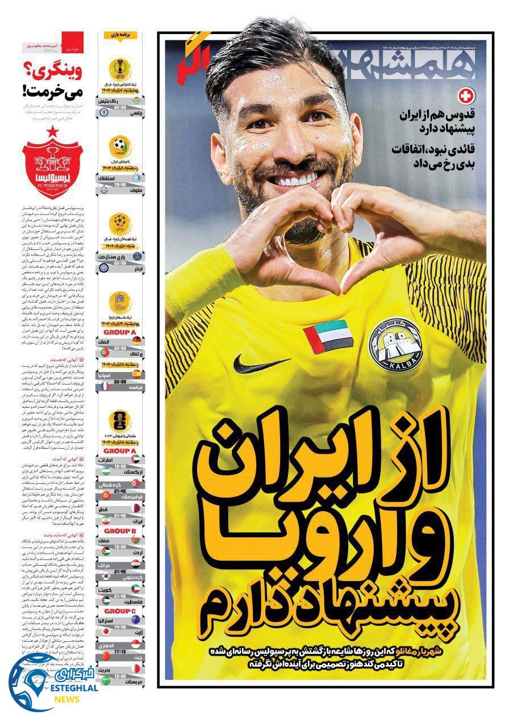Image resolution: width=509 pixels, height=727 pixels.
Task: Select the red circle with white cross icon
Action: coord(465,97)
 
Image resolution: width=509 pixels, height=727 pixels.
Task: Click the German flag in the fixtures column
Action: coord(137,341)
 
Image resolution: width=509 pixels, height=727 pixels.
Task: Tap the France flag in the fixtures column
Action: coord(105,386)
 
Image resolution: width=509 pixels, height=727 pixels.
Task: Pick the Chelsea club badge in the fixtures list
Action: coord(105,112)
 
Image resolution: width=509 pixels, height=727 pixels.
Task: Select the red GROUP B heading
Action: coord(120,532)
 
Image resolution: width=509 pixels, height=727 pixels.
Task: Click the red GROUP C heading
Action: coord(120,611)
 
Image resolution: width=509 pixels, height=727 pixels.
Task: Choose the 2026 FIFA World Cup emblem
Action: coord(120,421)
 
